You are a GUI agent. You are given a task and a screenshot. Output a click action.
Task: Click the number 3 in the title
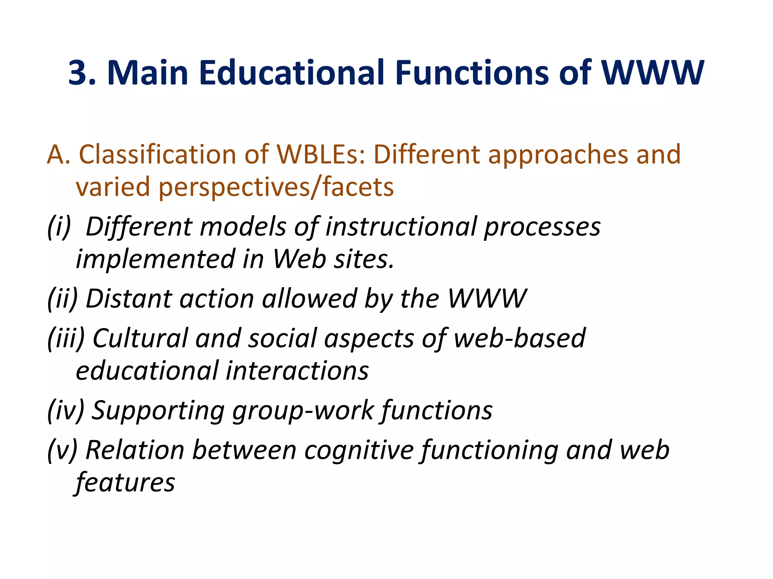[79, 73]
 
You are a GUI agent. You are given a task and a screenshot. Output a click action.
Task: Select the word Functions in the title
[472, 73]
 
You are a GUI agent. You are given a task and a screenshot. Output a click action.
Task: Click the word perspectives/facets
[276, 187]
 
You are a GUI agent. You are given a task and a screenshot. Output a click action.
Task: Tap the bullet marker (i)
[59, 227]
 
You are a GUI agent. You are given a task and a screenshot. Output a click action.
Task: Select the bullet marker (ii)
[62, 299]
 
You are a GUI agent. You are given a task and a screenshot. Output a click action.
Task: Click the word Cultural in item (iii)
[140, 338]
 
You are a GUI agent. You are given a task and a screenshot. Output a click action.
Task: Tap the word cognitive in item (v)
[359, 450]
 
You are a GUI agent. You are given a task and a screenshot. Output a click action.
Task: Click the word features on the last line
[125, 482]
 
